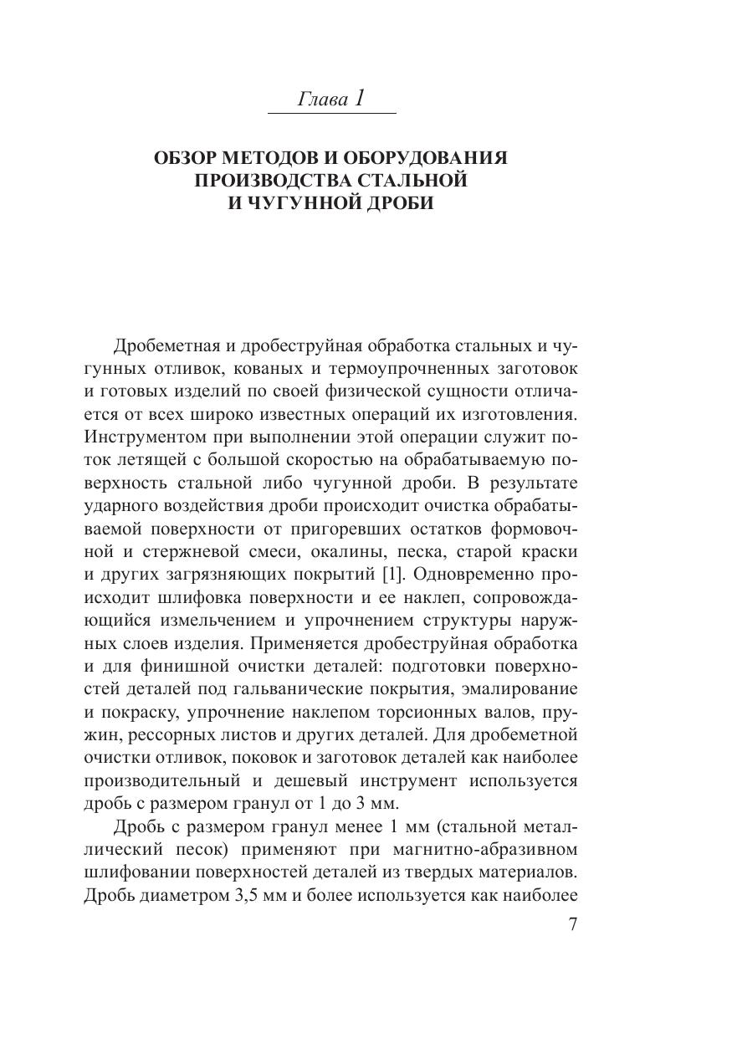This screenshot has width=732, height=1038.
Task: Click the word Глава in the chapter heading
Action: [322, 100]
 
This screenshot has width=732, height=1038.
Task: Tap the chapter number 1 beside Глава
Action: [360, 98]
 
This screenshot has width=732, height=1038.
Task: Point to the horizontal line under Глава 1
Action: [331, 114]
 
